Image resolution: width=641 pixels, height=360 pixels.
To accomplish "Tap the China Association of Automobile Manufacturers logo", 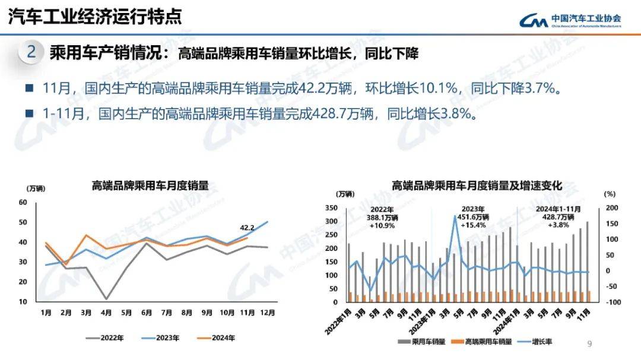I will point(570,20).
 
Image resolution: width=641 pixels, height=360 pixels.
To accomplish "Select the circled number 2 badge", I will point(31,53).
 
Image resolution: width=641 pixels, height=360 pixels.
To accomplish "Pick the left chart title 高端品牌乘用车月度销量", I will point(150,186).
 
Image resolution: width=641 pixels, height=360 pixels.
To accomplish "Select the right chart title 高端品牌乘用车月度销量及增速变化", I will point(476,186).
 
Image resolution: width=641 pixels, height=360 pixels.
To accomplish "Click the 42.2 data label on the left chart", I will point(247,227).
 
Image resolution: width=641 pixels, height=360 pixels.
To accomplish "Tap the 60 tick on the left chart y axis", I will point(23,202).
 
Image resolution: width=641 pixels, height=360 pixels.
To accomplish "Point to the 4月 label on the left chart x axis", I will point(106,313).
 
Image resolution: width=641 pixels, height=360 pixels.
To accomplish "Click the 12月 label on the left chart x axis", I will point(268,313).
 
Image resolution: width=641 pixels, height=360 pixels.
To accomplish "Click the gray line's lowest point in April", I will point(106,299).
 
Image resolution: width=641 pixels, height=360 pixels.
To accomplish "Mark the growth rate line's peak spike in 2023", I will point(455,216).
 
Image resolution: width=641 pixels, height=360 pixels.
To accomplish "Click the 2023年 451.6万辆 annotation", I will point(472,217).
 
